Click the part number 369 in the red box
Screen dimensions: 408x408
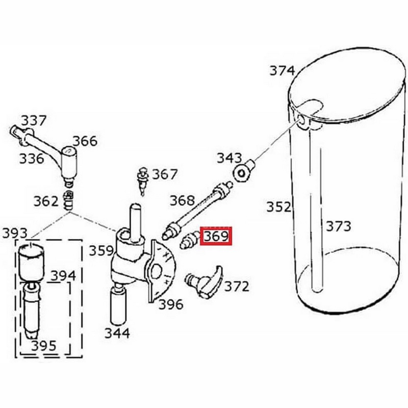coord(216,236)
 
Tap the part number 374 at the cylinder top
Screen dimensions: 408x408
coord(282,70)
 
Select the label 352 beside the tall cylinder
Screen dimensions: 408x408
coord(278,207)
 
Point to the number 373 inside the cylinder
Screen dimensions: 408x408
coord(338,226)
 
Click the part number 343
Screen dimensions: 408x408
coord(229,158)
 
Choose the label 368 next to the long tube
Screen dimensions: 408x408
coord(182,200)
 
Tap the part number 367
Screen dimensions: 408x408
coord(164,174)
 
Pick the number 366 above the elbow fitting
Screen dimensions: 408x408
coord(85,141)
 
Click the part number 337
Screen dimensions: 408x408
coord(34,120)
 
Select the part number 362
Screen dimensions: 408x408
coord(46,201)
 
